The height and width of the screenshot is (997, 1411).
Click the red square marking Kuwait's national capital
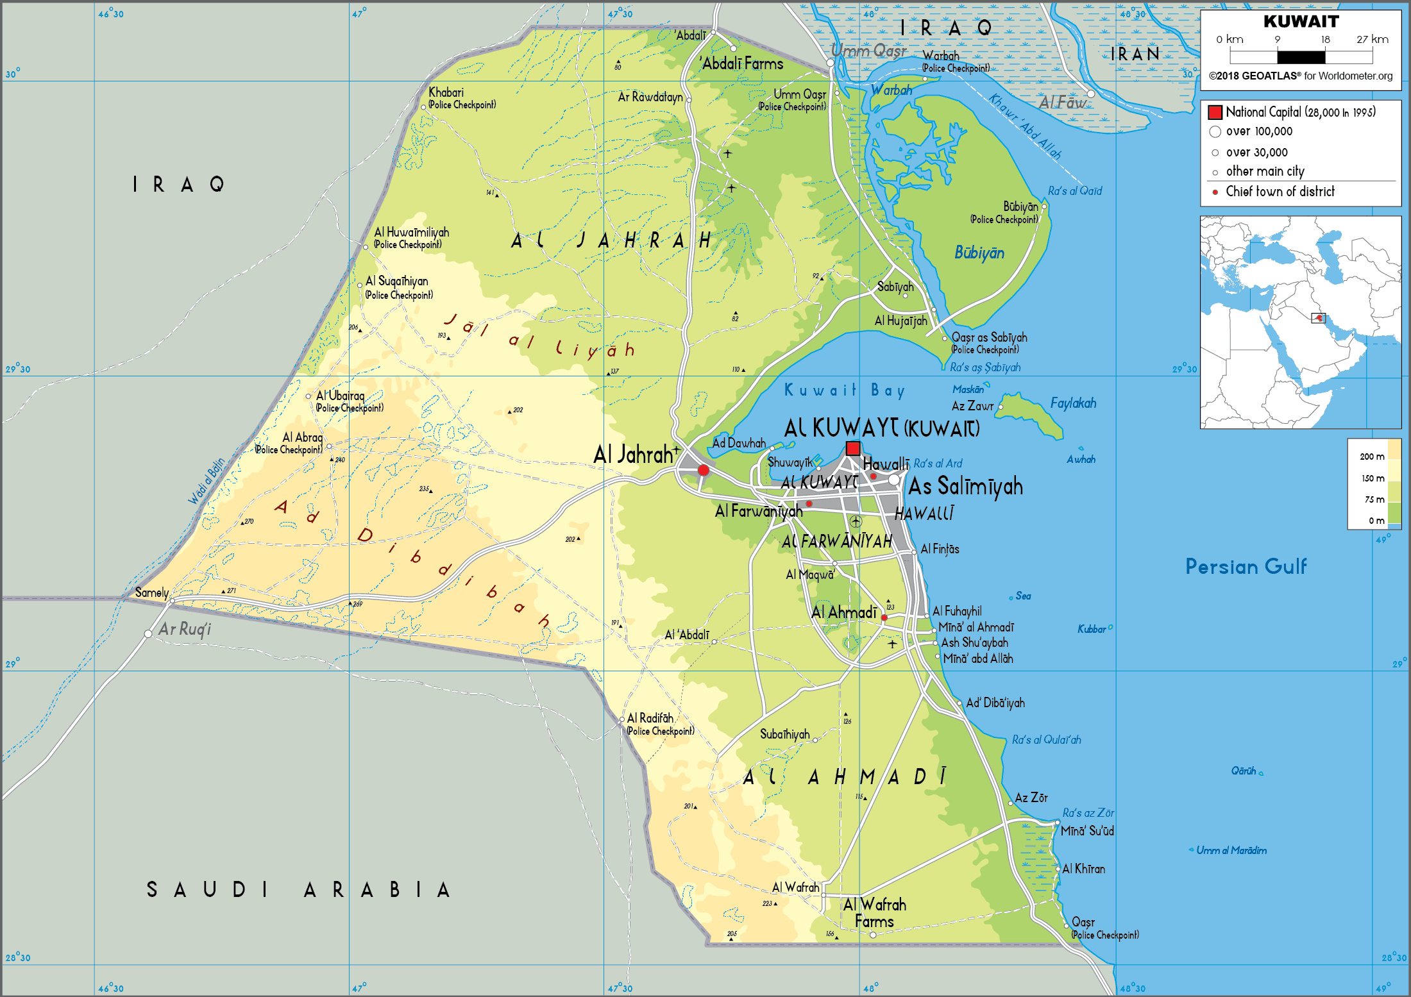852,448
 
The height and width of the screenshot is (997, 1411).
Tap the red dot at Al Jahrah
703,470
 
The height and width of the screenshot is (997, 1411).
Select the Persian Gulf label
1245,567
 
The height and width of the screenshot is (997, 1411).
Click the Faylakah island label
1073,403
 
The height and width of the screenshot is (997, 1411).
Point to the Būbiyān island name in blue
979,253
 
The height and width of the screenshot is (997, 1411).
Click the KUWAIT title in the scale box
1301,22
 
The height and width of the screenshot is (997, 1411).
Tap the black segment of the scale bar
1301,56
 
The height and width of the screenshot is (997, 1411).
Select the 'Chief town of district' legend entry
1280,192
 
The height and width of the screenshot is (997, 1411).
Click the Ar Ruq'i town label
185,629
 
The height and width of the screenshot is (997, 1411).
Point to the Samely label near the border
152,592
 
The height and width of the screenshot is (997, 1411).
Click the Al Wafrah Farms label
874,913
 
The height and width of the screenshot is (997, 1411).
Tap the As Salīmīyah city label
965,487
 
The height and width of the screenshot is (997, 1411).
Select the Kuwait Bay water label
844,390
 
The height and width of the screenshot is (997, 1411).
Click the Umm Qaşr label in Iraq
868,51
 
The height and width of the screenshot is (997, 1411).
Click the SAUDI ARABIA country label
298,890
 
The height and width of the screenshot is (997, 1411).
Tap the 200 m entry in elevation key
1372,457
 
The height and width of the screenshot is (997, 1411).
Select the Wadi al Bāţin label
207,481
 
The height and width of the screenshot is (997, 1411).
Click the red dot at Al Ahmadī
884,617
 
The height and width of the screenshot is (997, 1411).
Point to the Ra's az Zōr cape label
1088,813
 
